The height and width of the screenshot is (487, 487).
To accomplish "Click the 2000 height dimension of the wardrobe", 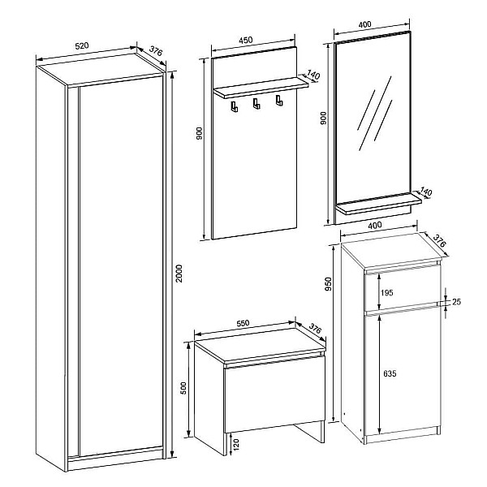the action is tap(179, 274).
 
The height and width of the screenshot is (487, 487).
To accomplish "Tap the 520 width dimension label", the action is tap(82, 46).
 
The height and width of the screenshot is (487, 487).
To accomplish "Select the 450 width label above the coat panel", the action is tap(246, 41).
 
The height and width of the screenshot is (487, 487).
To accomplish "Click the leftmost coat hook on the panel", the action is tap(235, 106).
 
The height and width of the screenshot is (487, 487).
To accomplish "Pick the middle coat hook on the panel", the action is tap(256, 104).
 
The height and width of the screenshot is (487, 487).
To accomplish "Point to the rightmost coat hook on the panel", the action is tap(279, 101).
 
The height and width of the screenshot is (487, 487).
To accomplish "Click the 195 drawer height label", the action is tap(386, 292).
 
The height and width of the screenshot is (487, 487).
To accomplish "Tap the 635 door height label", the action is tap(390, 373).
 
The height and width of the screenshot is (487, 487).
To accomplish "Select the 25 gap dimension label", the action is tap(456, 302).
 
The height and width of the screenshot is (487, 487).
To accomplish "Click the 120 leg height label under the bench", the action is tap(236, 445).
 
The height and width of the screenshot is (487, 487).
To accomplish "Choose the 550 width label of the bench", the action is tap(243, 323).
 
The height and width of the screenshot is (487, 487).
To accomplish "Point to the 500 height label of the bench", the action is tap(183, 388).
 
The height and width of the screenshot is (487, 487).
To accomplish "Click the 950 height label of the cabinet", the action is tap(328, 284).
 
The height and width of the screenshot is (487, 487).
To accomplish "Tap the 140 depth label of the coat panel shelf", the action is tap(313, 75).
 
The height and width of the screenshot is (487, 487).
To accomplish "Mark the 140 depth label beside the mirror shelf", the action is tap(426, 192).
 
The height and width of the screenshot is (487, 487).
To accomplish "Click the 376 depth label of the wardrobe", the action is tap(156, 50).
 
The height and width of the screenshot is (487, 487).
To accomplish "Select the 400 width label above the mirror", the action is tap(364, 24).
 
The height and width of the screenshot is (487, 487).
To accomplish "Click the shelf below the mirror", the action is tap(379, 204).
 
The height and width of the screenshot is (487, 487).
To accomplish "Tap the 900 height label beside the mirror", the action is tap(323, 118).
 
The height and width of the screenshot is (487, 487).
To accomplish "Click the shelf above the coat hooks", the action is tap(261, 88).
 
